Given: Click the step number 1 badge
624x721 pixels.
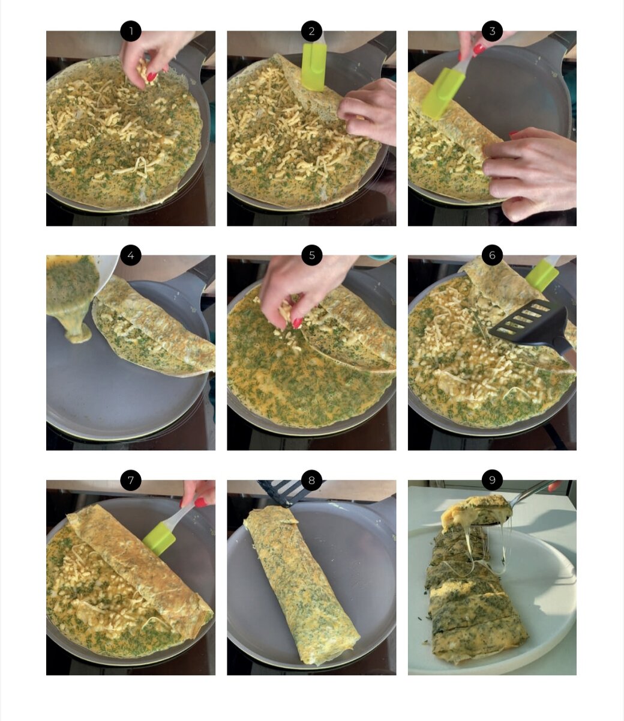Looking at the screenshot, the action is tap(131, 31).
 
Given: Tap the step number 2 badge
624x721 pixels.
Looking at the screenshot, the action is tap(311, 31).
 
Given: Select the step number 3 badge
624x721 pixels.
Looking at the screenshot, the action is tap(492, 31).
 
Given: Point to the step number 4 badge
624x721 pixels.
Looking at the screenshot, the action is tap(131, 255).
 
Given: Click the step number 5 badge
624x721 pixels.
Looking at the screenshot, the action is tap(311, 255).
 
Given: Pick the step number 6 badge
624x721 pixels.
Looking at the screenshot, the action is tap(492, 255).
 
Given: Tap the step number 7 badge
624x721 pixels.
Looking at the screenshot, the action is tap(131, 480).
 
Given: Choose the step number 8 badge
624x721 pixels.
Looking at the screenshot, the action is tap(311, 480).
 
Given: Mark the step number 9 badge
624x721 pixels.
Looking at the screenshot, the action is tap(492, 480).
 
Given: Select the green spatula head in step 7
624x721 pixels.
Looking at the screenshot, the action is tap(159, 538).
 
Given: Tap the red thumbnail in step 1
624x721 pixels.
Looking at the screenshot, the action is tap(152, 77).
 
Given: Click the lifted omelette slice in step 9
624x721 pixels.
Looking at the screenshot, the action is tap(476, 512).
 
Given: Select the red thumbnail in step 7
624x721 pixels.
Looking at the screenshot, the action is tap(200, 503).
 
